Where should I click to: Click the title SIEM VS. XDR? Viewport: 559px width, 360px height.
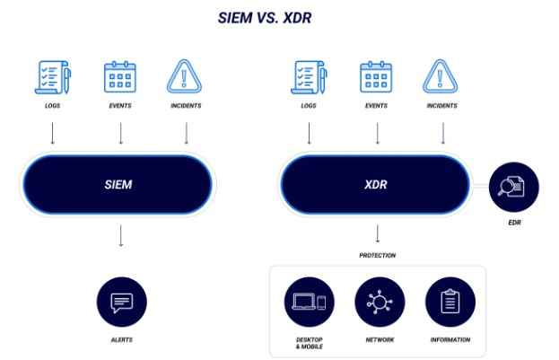point(279,17)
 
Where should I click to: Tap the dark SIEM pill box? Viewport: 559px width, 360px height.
point(117,185)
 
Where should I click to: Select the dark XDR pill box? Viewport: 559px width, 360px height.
point(375,183)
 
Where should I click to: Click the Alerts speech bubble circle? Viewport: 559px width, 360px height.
point(120,303)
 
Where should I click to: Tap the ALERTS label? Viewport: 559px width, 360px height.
point(120,340)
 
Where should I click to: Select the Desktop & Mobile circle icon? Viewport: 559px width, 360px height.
point(309,303)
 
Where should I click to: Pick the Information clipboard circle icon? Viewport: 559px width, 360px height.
point(450,303)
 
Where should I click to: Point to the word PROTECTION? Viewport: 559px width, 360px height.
point(378,255)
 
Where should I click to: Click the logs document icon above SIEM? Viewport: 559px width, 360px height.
point(51,78)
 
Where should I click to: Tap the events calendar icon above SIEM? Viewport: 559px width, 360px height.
point(119,78)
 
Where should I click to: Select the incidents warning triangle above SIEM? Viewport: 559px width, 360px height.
point(186,78)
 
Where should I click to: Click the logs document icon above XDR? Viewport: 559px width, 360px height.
point(310,78)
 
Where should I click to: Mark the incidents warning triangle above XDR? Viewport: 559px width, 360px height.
point(442,78)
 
